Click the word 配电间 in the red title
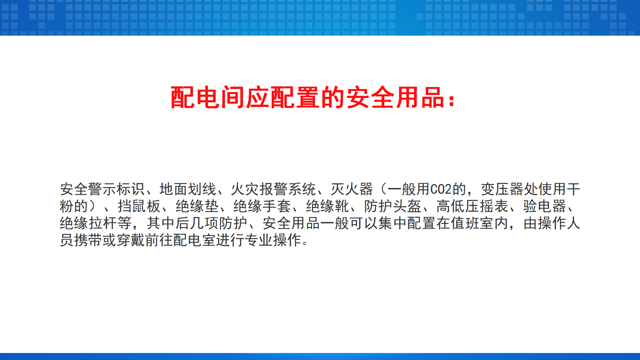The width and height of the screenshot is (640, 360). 208,97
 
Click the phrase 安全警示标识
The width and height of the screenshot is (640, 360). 102,189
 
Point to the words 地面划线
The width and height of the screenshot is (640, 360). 188,189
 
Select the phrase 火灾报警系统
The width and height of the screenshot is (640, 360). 273,189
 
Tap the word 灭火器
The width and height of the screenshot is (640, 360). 352,189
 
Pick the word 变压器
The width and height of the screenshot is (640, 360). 502,189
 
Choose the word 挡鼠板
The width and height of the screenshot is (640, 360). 139,206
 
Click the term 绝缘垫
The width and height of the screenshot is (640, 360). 197,206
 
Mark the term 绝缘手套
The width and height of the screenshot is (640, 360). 262,206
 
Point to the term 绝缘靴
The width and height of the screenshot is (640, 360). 327,206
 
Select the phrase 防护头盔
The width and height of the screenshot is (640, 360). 393,206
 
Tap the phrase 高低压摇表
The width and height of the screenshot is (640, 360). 472,206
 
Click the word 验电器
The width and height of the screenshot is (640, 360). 545,206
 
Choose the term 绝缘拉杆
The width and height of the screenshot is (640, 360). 89,223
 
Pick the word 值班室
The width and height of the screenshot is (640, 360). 472,223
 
